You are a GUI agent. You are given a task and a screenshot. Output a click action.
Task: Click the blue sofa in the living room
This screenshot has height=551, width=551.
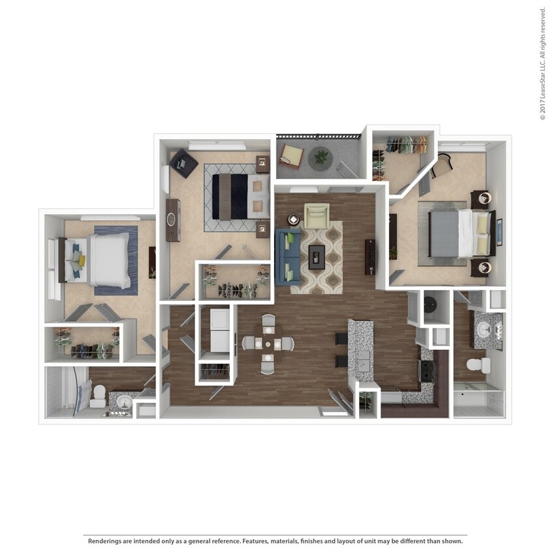[288, 256]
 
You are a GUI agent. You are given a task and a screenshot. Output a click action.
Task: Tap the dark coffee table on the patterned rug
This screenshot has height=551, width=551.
[317, 256]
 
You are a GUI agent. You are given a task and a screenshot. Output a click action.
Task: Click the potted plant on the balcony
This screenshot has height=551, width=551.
[320, 157]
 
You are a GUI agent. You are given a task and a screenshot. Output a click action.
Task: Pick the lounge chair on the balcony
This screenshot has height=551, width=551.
[291, 156]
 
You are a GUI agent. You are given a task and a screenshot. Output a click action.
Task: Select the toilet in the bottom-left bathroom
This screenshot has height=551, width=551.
[99, 395]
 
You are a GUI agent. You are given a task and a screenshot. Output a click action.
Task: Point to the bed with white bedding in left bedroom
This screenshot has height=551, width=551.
[108, 260]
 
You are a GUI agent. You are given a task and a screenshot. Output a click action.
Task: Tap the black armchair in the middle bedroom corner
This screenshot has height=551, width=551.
[184, 163]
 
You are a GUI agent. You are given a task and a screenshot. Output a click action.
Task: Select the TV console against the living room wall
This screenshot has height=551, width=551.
[370, 257]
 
